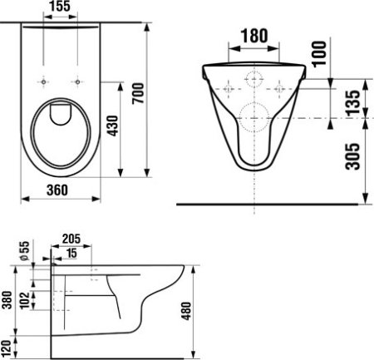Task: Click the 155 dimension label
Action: coord(60,7)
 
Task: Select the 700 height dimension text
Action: coord(138,93)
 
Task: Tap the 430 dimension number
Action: coord(113,126)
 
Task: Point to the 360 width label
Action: coord(57,190)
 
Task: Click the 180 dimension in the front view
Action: coord(254,36)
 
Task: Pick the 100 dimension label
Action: coord(319,54)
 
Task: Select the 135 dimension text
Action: coord(352,103)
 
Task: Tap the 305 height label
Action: coord(352,156)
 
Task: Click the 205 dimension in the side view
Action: coord(71,239)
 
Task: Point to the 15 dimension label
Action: coord(71,253)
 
